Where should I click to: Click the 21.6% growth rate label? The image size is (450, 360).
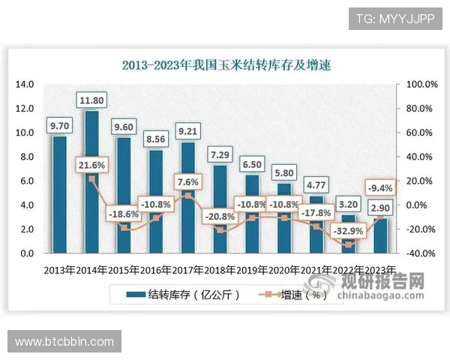click(x=91, y=165)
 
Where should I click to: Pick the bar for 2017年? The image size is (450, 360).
click(x=188, y=198)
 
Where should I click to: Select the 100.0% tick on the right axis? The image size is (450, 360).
click(x=421, y=85)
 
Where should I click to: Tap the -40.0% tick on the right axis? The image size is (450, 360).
click(x=421, y=253)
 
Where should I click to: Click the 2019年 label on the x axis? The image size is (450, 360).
click(x=253, y=269)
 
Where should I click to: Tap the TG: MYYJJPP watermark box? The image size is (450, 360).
click(x=395, y=18)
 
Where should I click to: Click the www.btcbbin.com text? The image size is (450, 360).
click(x=64, y=342)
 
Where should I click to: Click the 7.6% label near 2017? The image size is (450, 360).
click(x=188, y=182)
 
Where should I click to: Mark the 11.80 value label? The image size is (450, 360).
click(x=91, y=100)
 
